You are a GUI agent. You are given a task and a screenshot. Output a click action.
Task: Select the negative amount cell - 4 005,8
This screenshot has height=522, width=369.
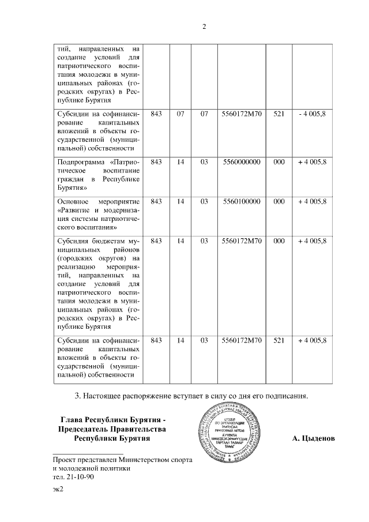click(312, 114)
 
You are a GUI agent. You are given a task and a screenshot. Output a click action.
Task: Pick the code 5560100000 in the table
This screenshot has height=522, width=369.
click(242, 201)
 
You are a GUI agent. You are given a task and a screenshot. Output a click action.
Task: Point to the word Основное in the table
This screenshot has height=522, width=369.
click(73, 201)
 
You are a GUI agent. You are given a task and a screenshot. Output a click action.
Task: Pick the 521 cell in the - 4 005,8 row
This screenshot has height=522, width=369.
click(279, 114)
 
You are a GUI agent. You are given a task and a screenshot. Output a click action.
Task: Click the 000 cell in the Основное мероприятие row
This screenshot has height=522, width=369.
click(279, 201)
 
